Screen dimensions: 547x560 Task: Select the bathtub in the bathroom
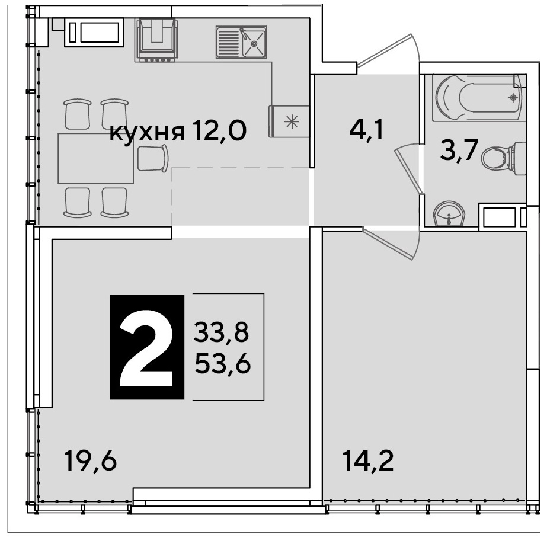tap(479, 98)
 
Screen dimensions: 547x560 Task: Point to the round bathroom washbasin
tap(449, 213)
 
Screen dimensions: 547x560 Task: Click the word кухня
tap(147, 133)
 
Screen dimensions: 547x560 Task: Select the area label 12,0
tap(219, 131)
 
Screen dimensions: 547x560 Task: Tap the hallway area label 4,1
tap(366, 130)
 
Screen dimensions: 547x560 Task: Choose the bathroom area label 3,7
tap(459, 151)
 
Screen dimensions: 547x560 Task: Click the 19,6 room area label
tap(91, 460)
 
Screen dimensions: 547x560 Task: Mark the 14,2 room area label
tap(368, 460)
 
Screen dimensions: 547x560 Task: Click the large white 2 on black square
tap(146, 347)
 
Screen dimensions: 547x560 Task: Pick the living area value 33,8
tap(222, 332)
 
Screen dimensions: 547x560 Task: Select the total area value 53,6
tap(223, 364)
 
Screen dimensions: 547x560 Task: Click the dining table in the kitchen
tap(96, 158)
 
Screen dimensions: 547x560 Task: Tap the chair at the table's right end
tap(153, 158)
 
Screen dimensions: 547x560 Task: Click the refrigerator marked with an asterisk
tap(289, 121)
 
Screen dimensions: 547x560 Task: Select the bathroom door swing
tap(408, 168)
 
